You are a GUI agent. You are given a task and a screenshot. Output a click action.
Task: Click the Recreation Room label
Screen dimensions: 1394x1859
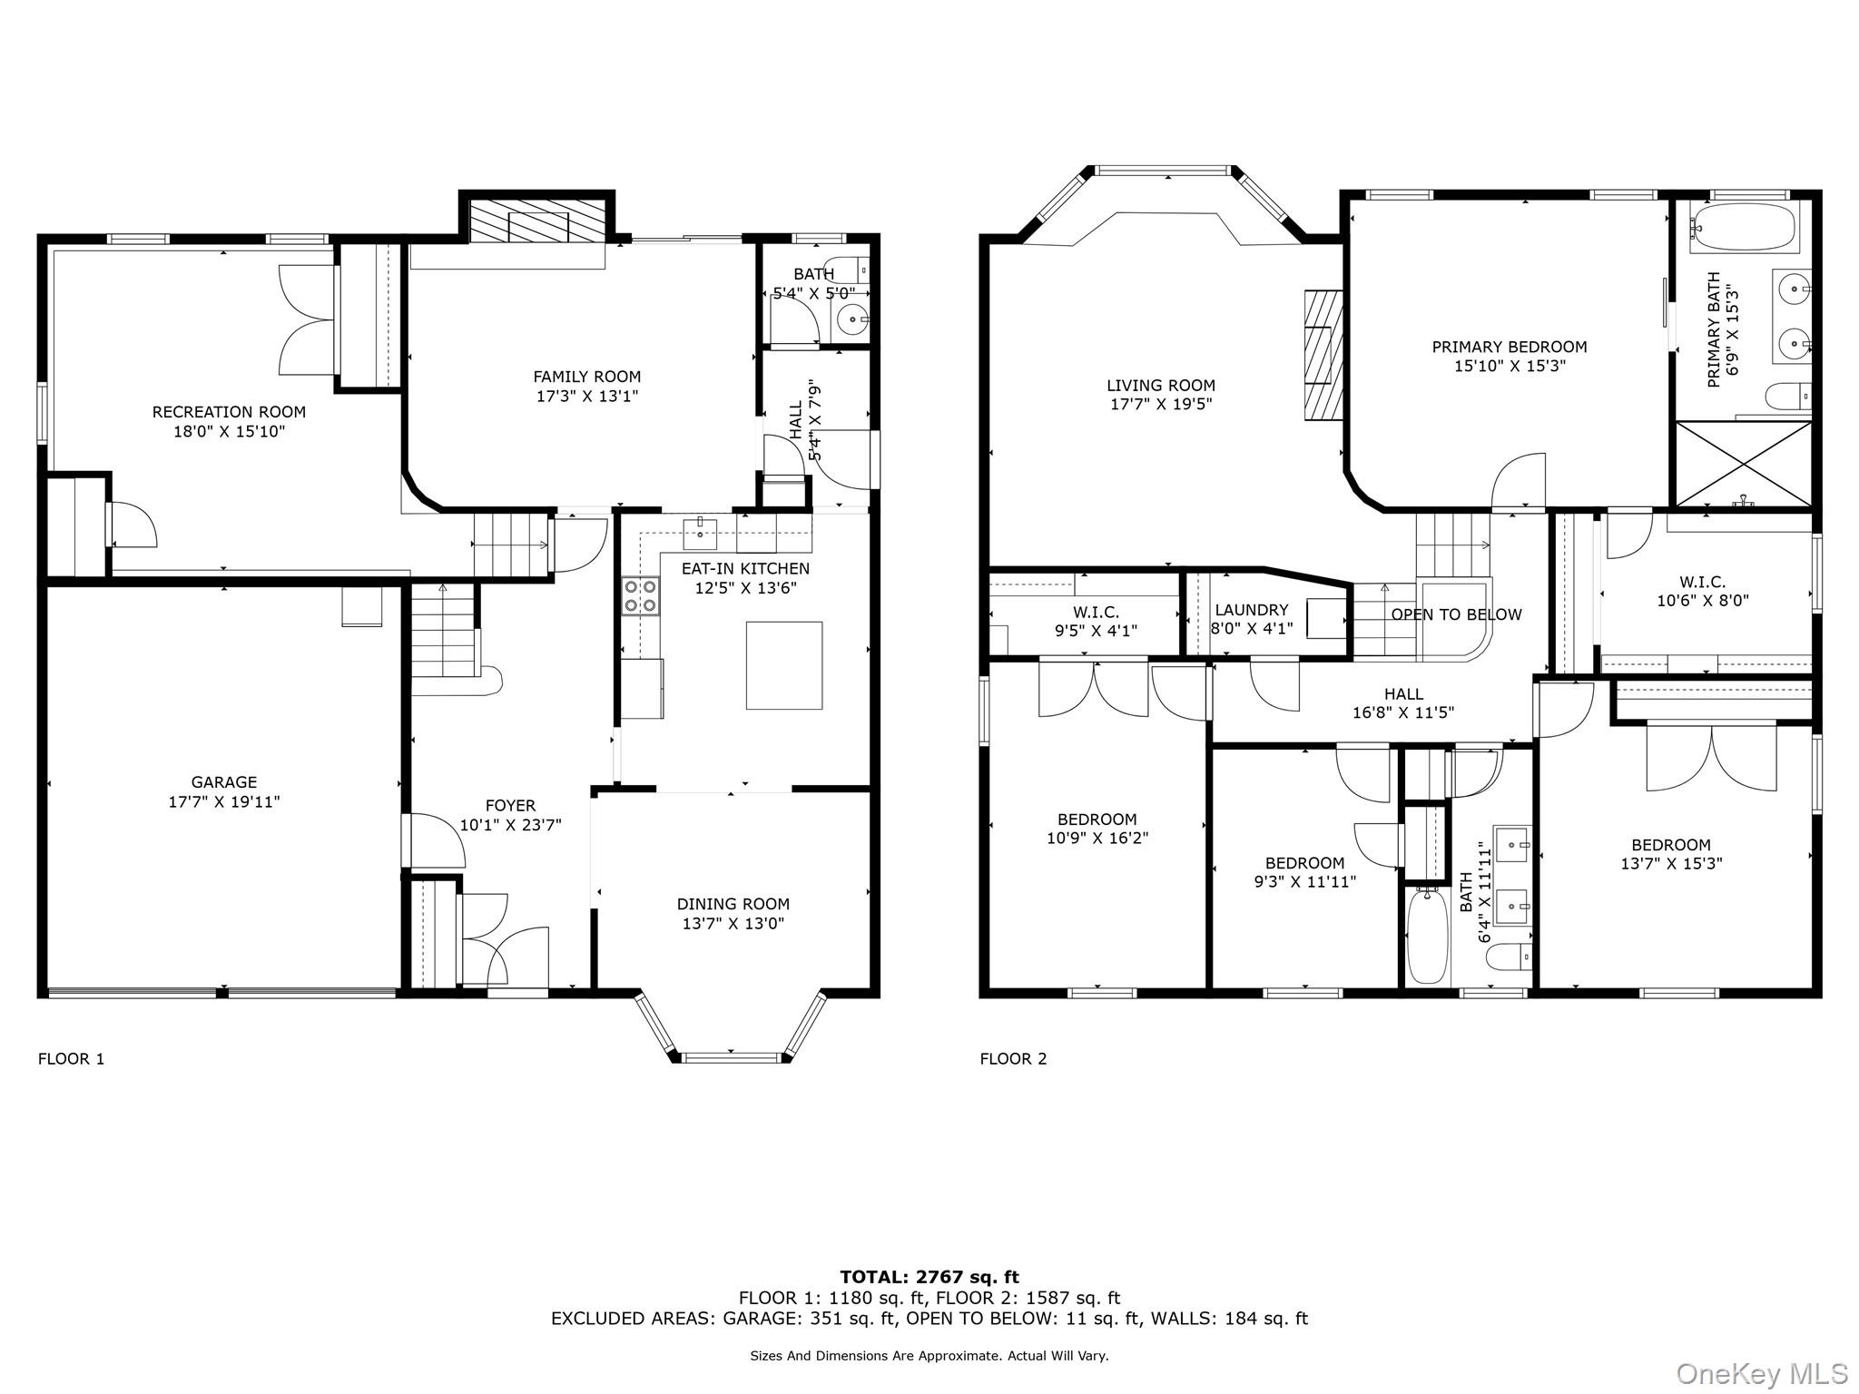point(229,412)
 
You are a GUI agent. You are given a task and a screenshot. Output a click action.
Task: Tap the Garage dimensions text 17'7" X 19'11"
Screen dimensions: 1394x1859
point(224,802)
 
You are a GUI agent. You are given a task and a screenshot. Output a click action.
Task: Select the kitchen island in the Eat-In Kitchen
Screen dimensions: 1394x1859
point(784,665)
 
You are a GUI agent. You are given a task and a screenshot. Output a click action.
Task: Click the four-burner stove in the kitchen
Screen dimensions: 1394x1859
point(639,597)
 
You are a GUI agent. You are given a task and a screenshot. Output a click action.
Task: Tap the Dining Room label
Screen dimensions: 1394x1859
point(733,904)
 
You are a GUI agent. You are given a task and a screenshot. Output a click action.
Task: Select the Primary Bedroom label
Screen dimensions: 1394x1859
point(1510,347)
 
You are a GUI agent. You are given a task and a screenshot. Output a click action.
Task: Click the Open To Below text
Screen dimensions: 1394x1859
point(1456,614)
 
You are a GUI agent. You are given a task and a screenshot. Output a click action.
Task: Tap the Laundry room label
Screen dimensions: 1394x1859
point(1251,610)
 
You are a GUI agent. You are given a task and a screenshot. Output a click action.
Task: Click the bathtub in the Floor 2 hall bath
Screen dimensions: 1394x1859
point(1427,938)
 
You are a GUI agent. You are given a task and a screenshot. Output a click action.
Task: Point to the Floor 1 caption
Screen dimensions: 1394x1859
point(71,1058)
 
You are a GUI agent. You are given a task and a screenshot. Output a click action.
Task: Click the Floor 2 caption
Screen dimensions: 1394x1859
point(1013,1058)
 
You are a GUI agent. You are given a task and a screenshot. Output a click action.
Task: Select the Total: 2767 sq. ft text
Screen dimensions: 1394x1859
point(929,1277)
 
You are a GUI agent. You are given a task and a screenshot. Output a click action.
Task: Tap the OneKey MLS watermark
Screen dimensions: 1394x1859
point(1761,1374)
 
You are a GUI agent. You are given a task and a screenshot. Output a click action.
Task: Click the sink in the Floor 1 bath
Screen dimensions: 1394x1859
point(852,319)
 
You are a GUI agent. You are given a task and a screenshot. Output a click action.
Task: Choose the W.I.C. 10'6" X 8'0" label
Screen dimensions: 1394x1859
point(1702,591)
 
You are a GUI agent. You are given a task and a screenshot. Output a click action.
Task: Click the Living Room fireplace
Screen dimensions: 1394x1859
point(1323,355)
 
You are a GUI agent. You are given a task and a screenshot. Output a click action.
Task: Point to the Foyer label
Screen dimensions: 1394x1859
point(510,806)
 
